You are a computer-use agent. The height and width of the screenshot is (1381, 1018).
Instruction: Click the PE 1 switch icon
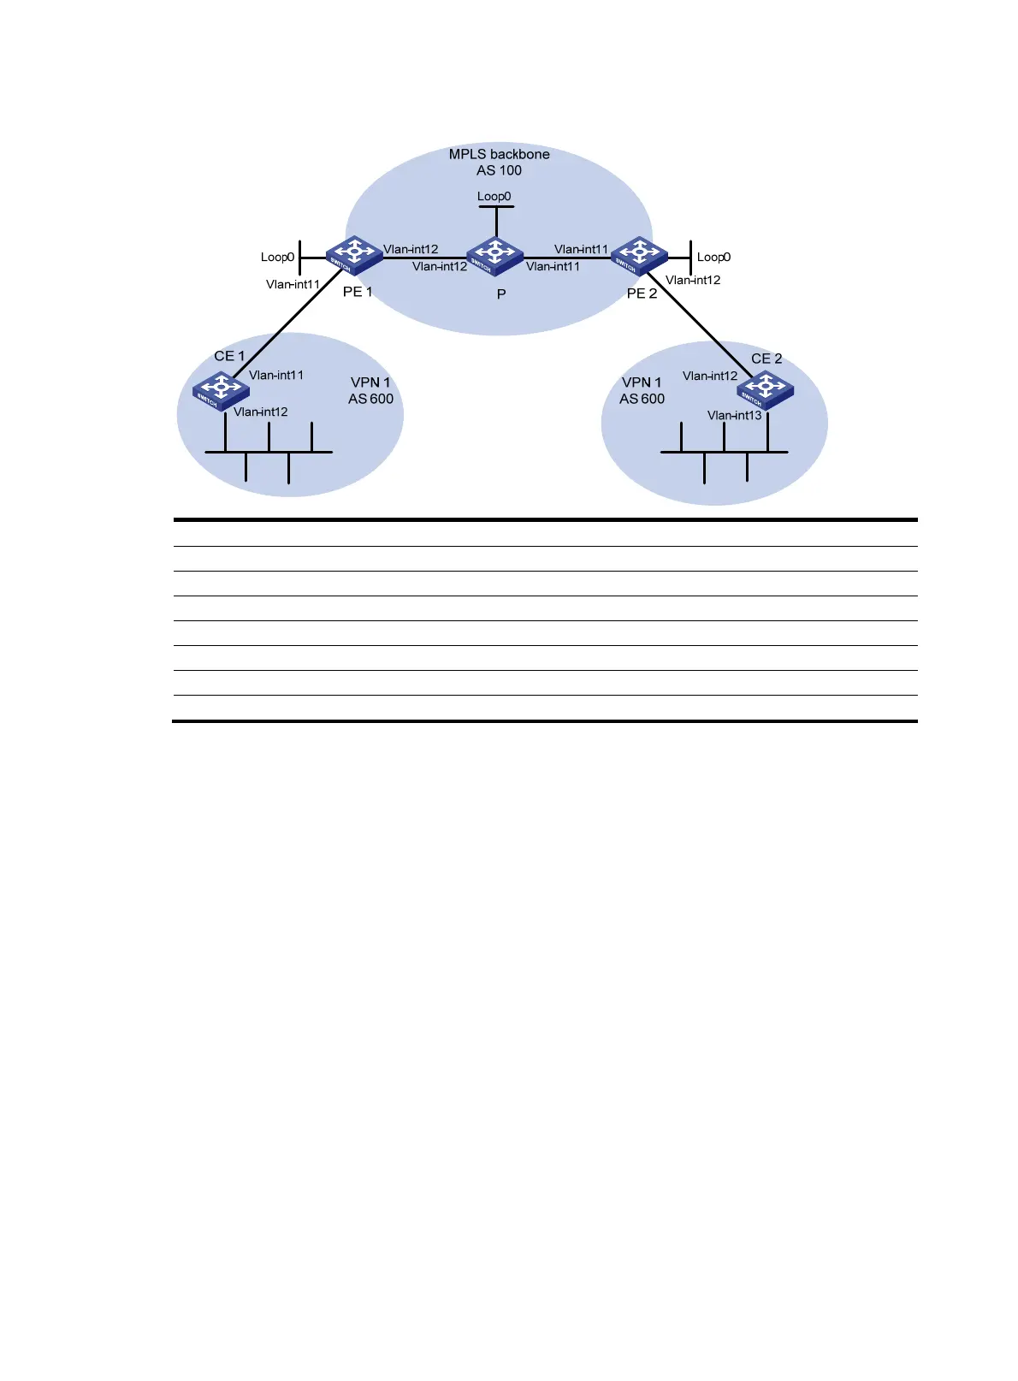point(353,254)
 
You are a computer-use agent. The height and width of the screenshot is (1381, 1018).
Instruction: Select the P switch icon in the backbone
point(494,256)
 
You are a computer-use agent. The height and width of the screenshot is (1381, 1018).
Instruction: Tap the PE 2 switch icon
point(638,254)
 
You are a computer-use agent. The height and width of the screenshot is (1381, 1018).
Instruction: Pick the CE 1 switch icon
point(221,391)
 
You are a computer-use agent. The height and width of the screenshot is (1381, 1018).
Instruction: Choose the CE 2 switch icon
point(765,390)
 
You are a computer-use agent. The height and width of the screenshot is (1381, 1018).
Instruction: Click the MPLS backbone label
point(499,154)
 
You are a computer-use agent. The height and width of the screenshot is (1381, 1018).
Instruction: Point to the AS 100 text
point(499,170)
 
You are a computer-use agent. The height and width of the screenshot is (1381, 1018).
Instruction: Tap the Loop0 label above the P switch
point(494,196)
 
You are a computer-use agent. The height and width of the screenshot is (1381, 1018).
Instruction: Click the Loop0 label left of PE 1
point(277,257)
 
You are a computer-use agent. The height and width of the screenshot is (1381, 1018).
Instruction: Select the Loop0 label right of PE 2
point(713,257)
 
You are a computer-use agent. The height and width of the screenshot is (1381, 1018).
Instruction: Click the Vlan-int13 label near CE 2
point(734,415)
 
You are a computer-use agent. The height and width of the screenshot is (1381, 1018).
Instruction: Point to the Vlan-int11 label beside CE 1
point(275,375)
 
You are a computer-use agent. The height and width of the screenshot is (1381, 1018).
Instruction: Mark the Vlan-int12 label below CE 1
point(260,412)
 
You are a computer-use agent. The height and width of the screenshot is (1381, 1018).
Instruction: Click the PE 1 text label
point(358,292)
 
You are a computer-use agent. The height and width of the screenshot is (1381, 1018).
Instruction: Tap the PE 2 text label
point(642,293)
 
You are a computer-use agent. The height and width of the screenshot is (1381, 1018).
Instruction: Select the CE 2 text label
point(766,359)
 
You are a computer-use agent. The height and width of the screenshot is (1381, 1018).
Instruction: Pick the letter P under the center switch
point(501,293)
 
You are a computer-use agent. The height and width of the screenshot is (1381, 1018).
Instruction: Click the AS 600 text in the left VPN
point(370,399)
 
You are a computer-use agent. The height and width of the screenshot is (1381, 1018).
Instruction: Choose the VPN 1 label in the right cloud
point(642,382)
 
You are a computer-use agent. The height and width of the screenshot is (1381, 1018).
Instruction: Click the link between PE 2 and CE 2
point(697,323)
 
